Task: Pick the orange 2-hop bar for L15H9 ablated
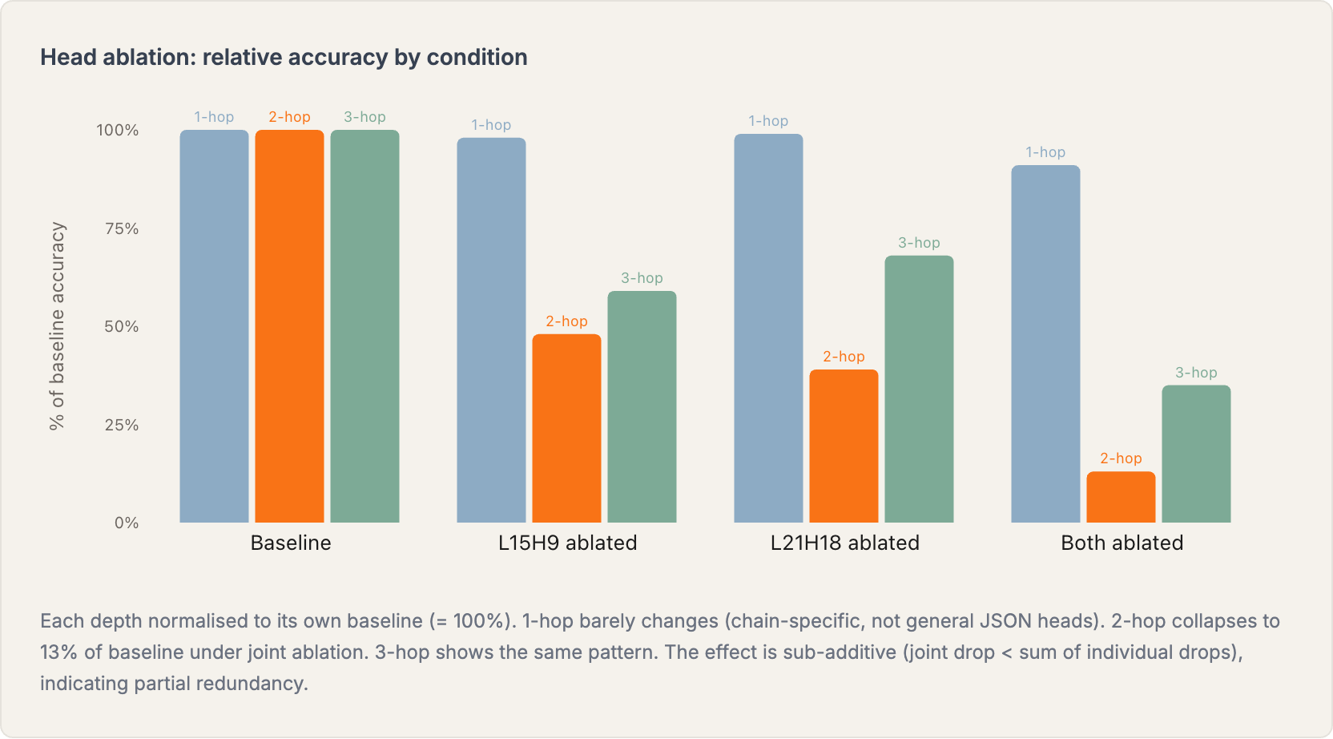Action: pos(566,428)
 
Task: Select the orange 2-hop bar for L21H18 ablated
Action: pos(844,446)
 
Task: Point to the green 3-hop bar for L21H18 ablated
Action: pos(919,389)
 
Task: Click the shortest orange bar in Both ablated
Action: pos(1121,497)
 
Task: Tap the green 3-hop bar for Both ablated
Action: pos(1196,454)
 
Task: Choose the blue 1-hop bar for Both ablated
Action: pos(1045,344)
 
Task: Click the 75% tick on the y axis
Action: pos(122,228)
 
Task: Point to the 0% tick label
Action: pos(127,523)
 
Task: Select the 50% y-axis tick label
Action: pos(122,326)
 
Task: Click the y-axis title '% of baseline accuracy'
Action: pos(57,326)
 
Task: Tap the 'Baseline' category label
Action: pos(291,543)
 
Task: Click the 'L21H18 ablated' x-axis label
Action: pos(844,543)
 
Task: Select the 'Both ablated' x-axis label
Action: pos(1122,543)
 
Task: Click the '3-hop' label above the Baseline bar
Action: pos(364,117)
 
